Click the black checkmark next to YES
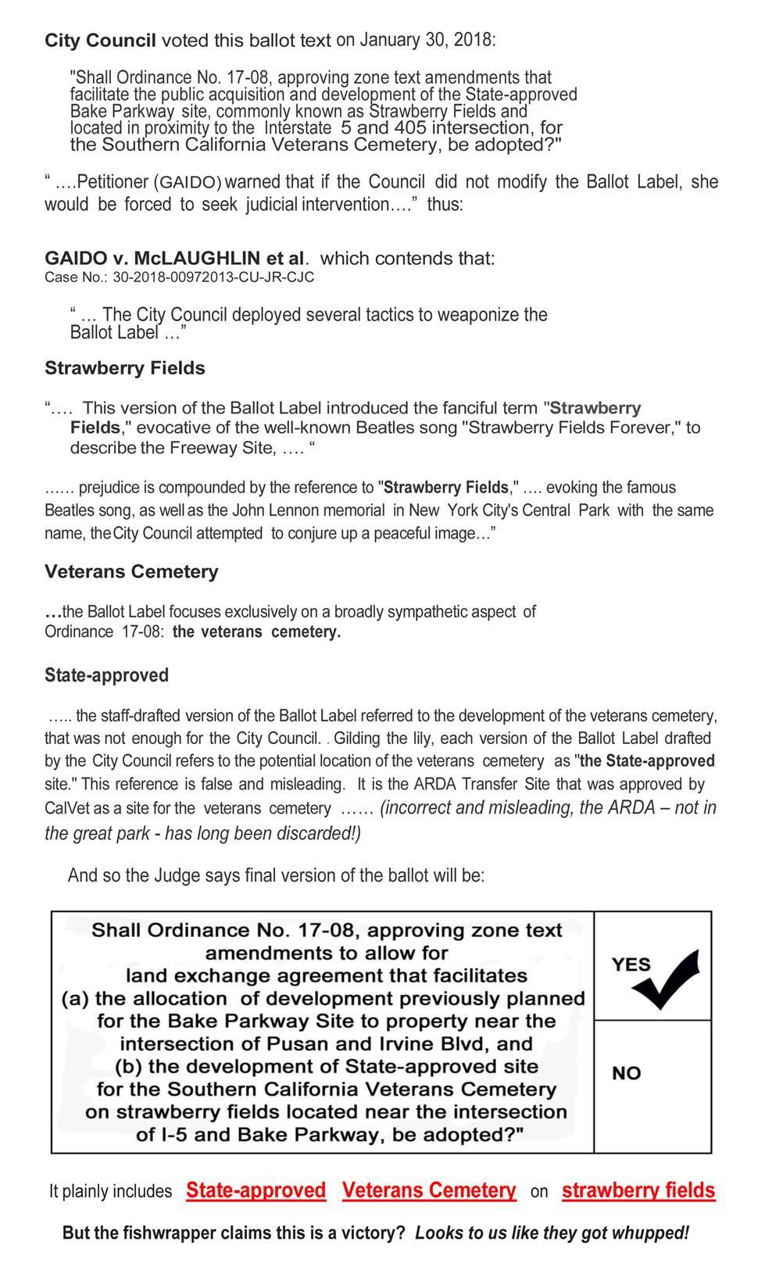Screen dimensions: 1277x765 click(x=665, y=979)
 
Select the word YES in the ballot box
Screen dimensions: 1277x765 click(x=631, y=964)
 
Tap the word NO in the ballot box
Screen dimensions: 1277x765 click(x=626, y=1073)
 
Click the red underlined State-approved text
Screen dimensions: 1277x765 click(x=256, y=1190)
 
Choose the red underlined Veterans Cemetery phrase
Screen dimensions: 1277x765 click(x=428, y=1190)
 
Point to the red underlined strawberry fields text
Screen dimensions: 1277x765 click(x=638, y=1190)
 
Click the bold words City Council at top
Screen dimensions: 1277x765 click(x=100, y=41)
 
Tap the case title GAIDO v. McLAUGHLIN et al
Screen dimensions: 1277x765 click(x=177, y=258)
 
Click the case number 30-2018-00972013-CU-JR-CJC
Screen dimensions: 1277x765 click(x=213, y=277)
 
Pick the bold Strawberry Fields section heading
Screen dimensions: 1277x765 click(x=124, y=368)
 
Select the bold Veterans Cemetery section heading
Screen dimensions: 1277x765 click(x=131, y=571)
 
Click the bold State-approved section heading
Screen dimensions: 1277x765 click(x=106, y=674)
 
